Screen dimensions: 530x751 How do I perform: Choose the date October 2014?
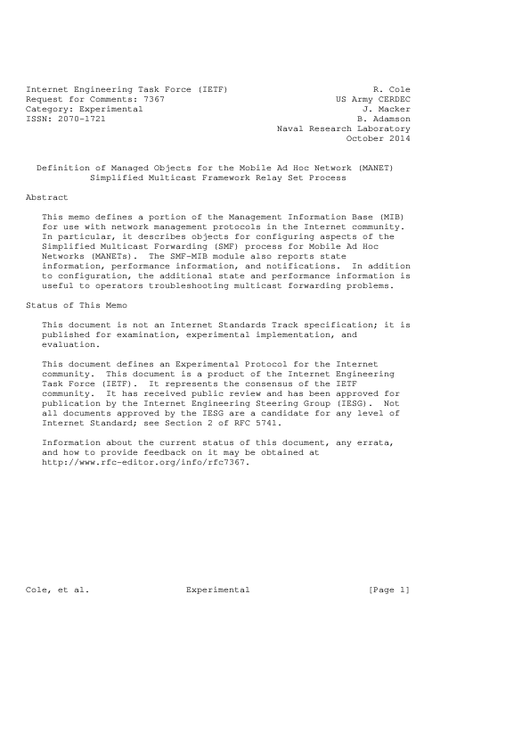[x=378, y=138]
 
